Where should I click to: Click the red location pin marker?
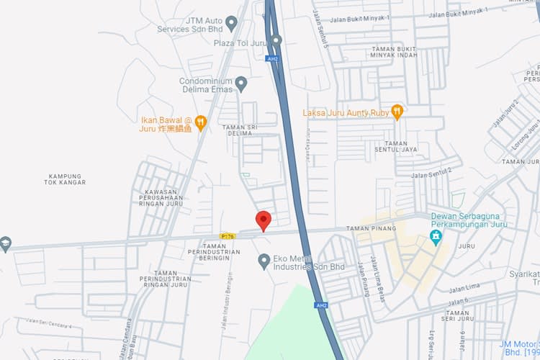[264, 220]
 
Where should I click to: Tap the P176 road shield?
[228, 235]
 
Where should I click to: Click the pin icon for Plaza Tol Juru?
[276, 40]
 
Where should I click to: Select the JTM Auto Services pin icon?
[231, 23]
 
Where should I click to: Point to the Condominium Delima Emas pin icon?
[241, 84]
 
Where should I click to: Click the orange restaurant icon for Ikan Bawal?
[201, 123]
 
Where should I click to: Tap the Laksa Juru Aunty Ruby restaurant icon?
[397, 112]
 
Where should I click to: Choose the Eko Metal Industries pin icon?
[264, 260]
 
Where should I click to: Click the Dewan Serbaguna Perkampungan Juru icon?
[436, 236]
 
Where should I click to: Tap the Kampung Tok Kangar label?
[66, 179]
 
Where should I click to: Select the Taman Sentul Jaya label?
[401, 147]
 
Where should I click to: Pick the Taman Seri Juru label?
[459, 317]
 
